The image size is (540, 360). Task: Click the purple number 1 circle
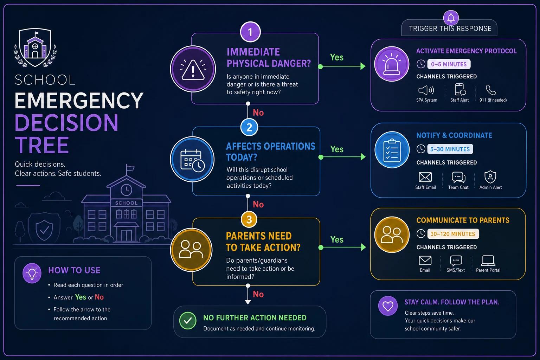(250, 32)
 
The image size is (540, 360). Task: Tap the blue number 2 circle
(249, 127)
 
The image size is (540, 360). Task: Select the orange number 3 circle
(249, 219)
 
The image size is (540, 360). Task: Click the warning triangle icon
(193, 70)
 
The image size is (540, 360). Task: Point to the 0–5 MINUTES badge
(449, 64)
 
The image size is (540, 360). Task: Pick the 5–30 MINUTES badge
(450, 149)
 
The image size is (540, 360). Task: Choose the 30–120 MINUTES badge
(453, 234)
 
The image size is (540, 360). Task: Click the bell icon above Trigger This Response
(451, 18)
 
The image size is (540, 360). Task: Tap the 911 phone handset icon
(491, 90)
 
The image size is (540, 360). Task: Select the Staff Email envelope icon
(425, 177)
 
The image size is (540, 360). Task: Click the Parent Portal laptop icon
(488, 261)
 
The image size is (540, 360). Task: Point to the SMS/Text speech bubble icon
(456, 261)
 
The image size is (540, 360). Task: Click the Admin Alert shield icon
(490, 177)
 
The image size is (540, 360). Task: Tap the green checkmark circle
(188, 321)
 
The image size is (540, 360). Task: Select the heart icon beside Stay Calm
(388, 306)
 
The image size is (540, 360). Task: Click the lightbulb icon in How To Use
(32, 273)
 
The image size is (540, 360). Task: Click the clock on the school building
(126, 190)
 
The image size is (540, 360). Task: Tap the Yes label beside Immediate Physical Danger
(336, 57)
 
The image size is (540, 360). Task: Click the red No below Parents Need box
(258, 294)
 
